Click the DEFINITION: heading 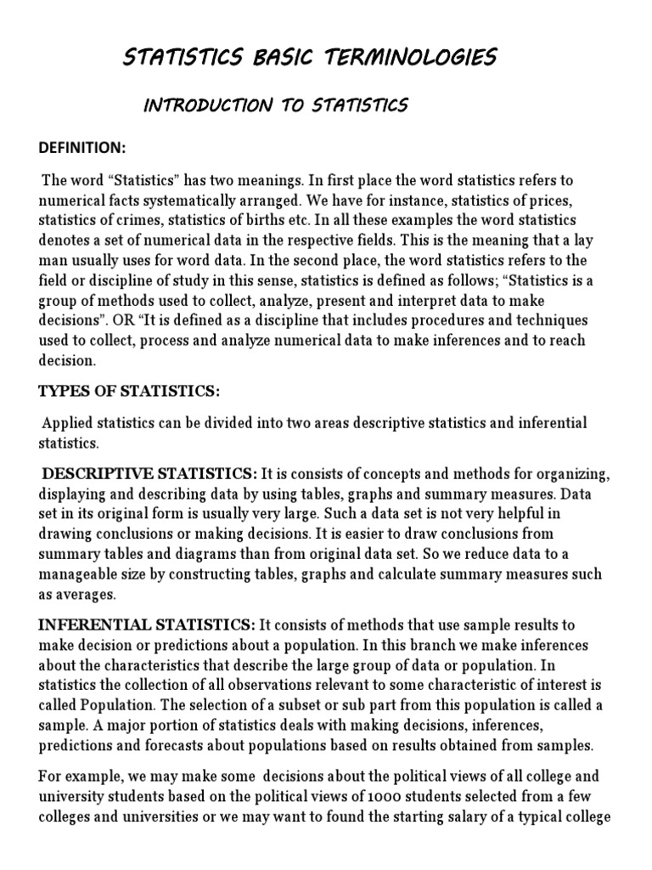(x=82, y=148)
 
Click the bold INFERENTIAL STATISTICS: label (x=147, y=625)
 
